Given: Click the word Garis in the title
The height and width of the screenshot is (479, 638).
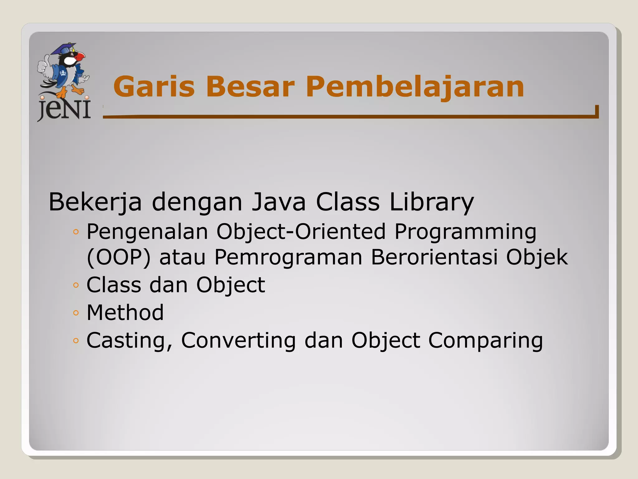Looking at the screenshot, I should [154, 87].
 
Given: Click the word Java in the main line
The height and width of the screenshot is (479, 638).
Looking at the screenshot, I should [279, 202].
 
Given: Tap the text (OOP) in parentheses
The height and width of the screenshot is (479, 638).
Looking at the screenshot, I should [119, 258].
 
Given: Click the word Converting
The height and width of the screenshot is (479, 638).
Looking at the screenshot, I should [238, 340].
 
